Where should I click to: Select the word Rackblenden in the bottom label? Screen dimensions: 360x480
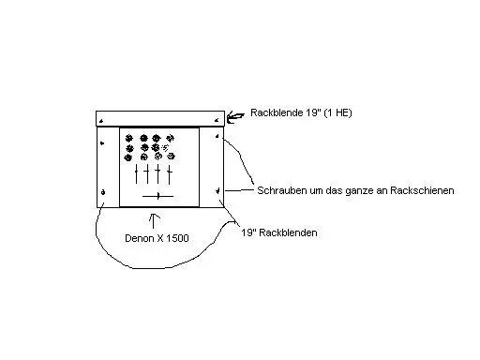point(289,232)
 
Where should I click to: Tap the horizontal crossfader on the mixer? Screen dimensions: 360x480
point(158,195)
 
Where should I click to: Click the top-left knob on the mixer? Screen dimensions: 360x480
point(132,137)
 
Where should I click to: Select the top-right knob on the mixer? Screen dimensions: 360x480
point(168,137)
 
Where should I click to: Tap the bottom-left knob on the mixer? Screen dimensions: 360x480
point(132,158)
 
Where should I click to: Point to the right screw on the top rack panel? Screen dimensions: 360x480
point(217,121)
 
